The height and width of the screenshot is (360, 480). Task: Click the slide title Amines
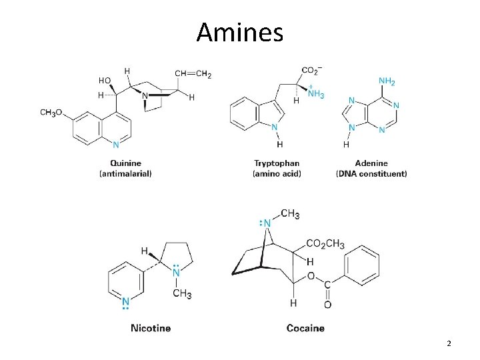(x=240, y=31)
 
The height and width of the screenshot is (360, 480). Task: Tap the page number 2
(x=449, y=343)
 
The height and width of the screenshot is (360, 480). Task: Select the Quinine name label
(x=125, y=163)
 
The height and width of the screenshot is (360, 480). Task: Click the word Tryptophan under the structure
(x=277, y=163)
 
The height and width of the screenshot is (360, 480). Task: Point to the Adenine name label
(x=371, y=163)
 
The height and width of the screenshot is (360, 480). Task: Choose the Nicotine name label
(x=150, y=328)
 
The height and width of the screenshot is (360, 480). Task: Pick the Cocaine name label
(x=305, y=328)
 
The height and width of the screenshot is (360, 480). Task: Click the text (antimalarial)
(x=125, y=174)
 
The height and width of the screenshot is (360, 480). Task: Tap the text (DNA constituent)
(x=371, y=174)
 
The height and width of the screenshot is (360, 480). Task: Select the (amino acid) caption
(x=277, y=174)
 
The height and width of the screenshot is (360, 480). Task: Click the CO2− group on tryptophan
(x=311, y=70)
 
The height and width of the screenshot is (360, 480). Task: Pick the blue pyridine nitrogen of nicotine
(x=125, y=301)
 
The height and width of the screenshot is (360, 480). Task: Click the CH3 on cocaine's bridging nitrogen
(x=290, y=215)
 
